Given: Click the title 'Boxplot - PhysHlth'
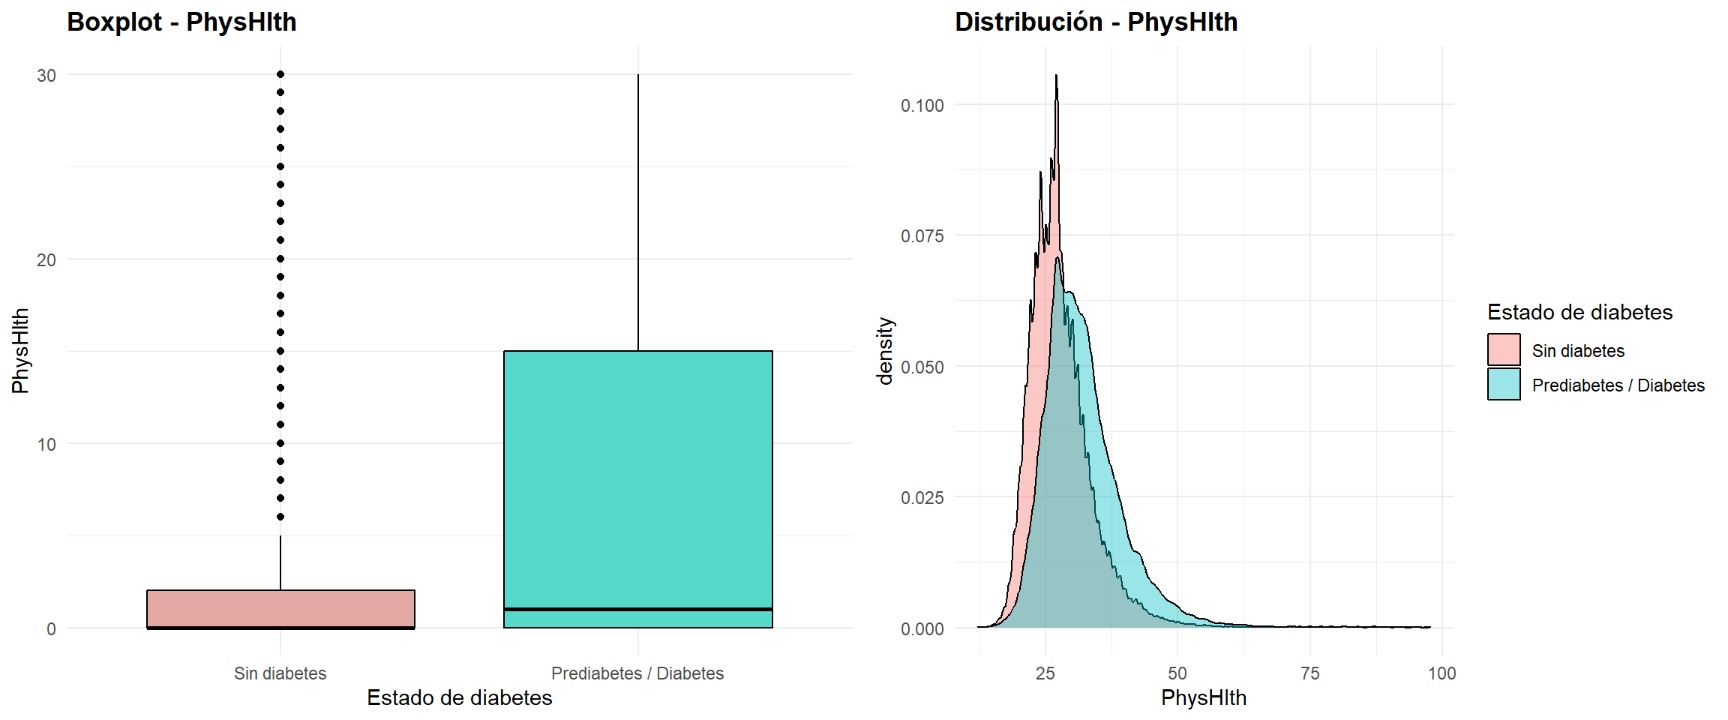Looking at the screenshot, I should click(181, 22).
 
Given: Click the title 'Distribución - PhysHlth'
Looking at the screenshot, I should click(1096, 22).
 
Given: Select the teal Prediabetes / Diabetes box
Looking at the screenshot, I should click(637, 480).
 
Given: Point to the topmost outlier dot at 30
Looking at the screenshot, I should click(280, 74).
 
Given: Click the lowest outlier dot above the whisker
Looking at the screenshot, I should click(280, 517).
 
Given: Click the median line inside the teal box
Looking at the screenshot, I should click(637, 609).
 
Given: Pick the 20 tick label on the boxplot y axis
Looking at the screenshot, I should click(46, 260).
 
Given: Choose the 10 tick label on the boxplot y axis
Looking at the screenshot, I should click(46, 445).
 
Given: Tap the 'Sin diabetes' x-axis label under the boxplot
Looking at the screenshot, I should click(280, 673).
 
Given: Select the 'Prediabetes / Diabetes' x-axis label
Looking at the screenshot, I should click(637, 673).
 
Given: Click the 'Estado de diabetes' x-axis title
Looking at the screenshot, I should click(459, 698).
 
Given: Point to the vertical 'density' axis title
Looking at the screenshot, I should click(886, 351).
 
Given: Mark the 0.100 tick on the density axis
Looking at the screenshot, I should click(922, 106).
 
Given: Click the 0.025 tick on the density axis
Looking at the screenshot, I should click(922, 498).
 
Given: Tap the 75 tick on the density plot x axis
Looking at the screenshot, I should click(1309, 673).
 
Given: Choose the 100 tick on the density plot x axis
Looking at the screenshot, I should click(1441, 673).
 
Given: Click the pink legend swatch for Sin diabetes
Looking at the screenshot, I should click(1504, 349).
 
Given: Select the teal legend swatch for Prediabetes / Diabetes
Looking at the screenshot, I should click(1504, 384).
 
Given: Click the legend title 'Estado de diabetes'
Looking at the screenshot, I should click(1579, 313).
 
